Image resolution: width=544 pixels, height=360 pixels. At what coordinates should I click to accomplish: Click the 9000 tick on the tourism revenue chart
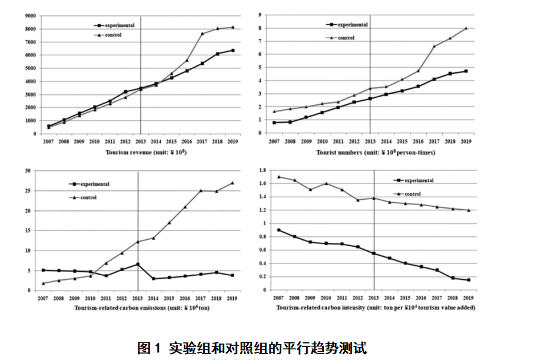pyautogui.click(x=31, y=16)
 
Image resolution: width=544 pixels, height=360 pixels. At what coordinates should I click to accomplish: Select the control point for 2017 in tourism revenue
pyautogui.click(x=202, y=34)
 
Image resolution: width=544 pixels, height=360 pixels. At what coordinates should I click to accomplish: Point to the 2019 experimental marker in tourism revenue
pyautogui.click(x=233, y=51)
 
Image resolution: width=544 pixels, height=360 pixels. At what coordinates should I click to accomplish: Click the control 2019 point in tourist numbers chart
pyautogui.click(x=466, y=28)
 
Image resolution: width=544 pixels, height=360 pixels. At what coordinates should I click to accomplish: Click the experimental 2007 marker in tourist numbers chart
pyautogui.click(x=275, y=123)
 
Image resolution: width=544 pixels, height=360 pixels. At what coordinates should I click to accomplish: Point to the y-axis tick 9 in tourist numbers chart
pyautogui.click(x=260, y=15)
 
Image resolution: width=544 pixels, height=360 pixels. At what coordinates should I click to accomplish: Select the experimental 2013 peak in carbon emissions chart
pyautogui.click(x=137, y=264)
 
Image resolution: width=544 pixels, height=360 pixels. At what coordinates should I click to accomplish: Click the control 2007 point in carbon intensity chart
pyautogui.click(x=278, y=177)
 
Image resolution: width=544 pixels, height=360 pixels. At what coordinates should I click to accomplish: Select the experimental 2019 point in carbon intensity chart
pyautogui.click(x=469, y=280)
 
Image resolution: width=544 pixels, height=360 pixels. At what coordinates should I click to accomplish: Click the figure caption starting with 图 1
pyautogui.click(x=252, y=348)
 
